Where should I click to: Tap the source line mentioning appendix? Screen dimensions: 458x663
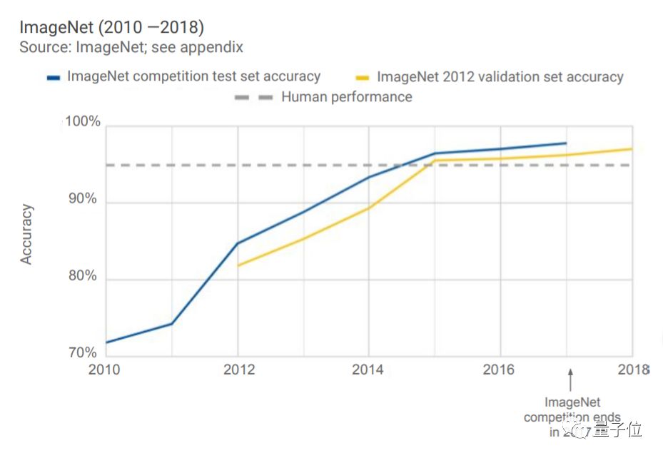point(131,48)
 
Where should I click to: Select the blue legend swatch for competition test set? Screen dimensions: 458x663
point(54,77)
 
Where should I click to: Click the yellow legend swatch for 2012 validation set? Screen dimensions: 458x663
point(363,78)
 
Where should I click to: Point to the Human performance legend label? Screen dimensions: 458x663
point(346,96)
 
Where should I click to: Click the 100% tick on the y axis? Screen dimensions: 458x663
point(83,122)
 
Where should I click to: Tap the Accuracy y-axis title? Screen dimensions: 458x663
point(26,234)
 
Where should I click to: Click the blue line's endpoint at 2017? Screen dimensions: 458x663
point(566,143)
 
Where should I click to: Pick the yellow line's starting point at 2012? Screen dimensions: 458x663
point(238,265)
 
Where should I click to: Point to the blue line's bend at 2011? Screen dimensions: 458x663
point(171,324)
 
